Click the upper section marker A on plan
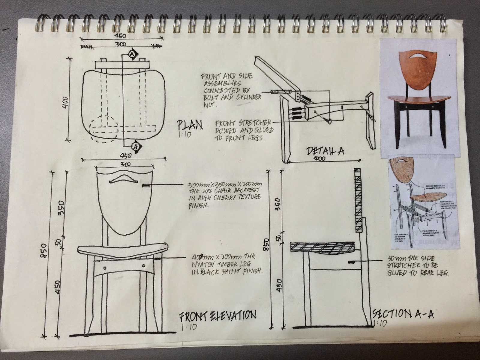click(x=132, y=54)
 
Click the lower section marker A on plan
click(x=136, y=146)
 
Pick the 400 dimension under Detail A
click(x=320, y=159)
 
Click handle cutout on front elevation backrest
click(x=123, y=179)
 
